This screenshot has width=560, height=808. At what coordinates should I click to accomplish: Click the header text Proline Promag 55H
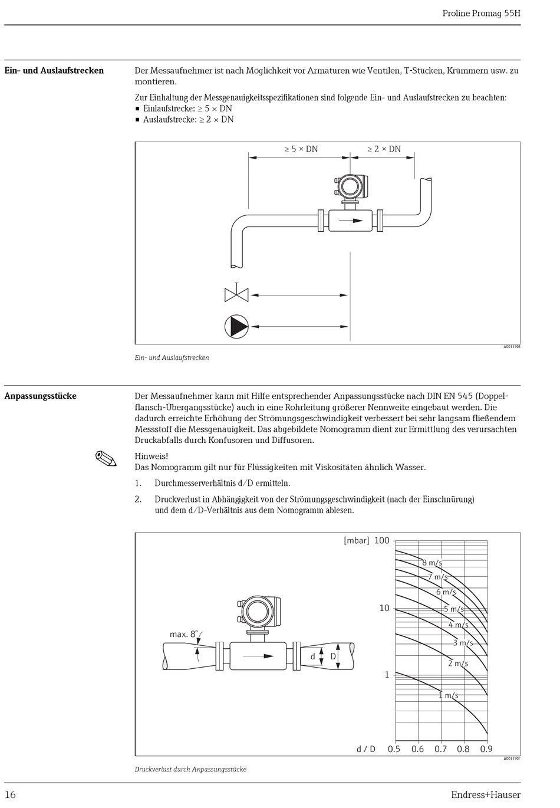pos(481,14)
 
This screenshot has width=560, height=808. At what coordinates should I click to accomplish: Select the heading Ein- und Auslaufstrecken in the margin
pos(54,71)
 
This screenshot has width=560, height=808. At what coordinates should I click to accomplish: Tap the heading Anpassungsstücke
pos(41,396)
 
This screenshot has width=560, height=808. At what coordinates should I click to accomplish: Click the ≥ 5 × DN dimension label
pos(301,149)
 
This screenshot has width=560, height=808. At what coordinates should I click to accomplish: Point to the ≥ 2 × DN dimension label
pos(384,149)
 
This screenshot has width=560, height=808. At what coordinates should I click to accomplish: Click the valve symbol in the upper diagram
pos(236,294)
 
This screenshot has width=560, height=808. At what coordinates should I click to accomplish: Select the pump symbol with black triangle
pos(236,326)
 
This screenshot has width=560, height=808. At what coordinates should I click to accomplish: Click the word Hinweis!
pos(151,456)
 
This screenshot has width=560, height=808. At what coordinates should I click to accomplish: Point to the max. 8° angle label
pos(184,634)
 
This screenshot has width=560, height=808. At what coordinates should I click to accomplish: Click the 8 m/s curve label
pos(432,563)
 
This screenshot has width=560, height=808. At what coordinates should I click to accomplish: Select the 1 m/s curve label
pos(448,695)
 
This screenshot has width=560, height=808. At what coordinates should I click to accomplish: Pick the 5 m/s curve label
pos(453,609)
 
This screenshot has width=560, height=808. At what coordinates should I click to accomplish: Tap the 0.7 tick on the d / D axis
pos(440,749)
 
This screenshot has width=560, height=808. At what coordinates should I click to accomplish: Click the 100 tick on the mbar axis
pos(382,540)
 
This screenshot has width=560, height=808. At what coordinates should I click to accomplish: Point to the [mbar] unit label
pos(356,540)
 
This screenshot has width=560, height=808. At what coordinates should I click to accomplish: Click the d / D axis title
pos(365,749)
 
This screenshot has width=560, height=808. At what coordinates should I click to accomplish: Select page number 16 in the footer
pos(11,795)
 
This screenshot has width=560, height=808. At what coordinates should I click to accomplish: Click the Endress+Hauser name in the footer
pos(485,795)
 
